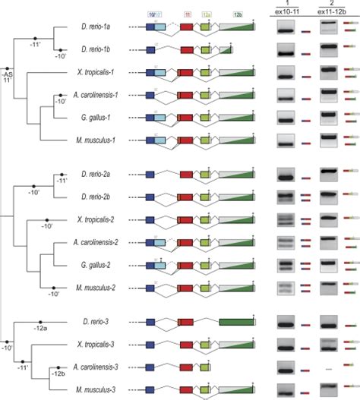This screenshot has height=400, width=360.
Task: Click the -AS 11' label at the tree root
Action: click(8, 77)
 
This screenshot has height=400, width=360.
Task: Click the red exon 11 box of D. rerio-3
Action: click(187, 322)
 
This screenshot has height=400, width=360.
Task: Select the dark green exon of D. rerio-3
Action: click(237, 322)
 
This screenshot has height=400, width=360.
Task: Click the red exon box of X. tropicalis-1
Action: click(186, 73)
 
